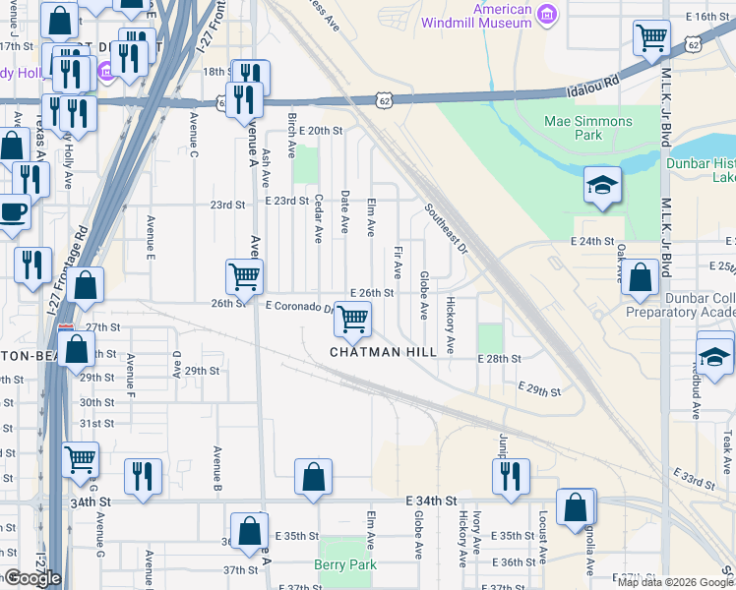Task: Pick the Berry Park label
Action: [345, 564]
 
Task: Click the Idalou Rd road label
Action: [593, 84]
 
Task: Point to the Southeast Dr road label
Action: [445, 229]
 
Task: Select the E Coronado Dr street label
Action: [299, 307]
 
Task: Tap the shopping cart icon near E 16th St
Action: [650, 39]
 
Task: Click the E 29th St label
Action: [539, 391]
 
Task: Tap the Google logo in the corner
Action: [31, 578]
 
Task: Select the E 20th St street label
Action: [318, 131]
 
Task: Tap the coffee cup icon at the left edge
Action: [12, 211]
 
